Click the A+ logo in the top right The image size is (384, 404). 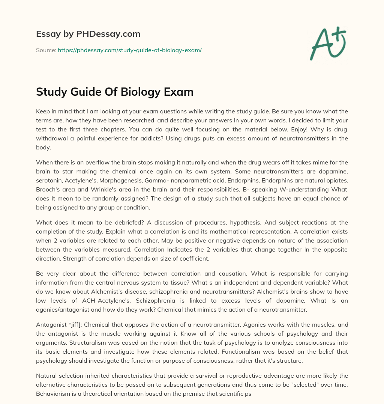(x=328, y=44)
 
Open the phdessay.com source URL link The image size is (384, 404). (x=130, y=50)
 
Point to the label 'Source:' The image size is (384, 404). (x=46, y=50)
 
